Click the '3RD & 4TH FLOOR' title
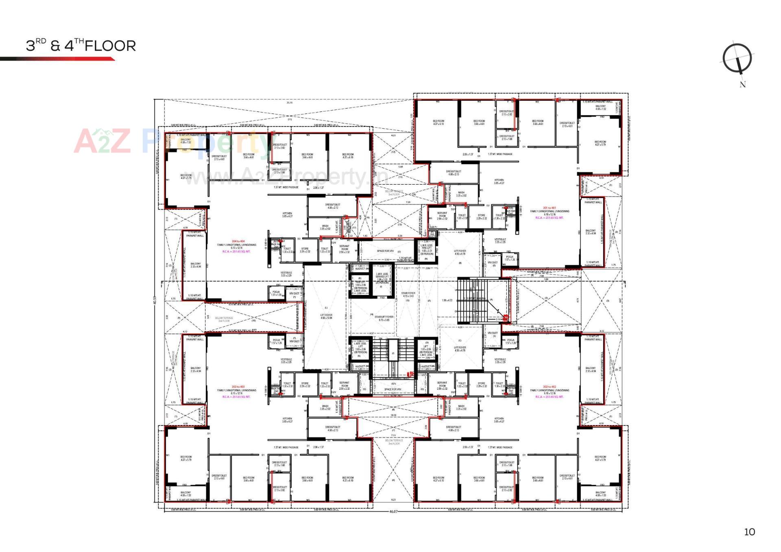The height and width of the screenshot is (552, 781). [81, 46]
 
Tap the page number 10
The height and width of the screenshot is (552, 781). [749, 532]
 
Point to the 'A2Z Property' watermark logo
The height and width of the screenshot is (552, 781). [171, 141]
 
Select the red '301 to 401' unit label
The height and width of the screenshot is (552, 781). [549, 208]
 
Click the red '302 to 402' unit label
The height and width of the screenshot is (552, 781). [549, 387]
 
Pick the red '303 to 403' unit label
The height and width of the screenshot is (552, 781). [238, 387]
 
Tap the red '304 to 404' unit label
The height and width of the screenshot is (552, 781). [238, 241]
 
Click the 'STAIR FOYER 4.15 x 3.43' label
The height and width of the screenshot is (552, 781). [408, 295]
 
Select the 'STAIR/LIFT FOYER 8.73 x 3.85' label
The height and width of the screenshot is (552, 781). [384, 318]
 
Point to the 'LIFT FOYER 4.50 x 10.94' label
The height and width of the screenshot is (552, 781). [326, 316]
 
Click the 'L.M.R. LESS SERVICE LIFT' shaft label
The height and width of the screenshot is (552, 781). [382, 277]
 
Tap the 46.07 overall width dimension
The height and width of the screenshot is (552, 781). [393, 511]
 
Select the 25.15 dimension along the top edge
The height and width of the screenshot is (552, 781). [289, 103]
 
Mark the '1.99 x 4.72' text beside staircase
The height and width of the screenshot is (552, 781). [447, 301]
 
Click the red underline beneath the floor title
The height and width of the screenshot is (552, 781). [57, 59]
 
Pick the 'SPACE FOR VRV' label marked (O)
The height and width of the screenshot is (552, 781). [386, 251]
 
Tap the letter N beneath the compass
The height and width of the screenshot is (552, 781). [742, 85]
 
